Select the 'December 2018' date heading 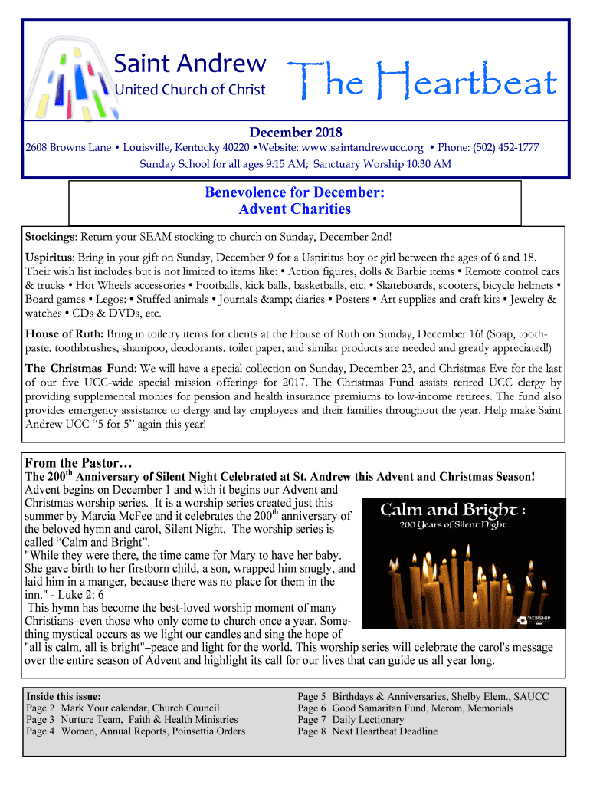pos(295,133)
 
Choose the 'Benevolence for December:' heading pos(294,192)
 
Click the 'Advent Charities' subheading pos(294,209)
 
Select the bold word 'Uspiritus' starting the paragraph pos(50,257)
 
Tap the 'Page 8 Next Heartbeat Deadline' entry pos(368,731)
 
